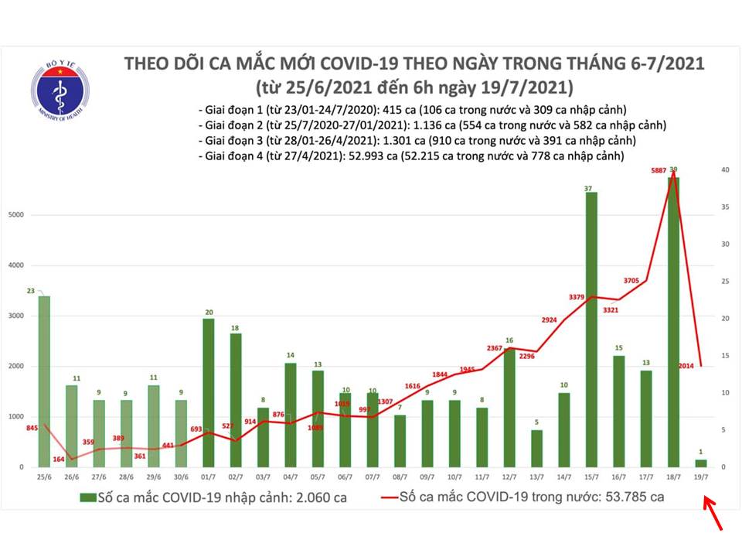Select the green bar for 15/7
pyautogui.click(x=591, y=329)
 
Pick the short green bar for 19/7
pyautogui.click(x=702, y=463)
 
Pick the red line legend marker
pyautogui.click(x=392, y=497)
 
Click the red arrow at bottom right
pyautogui.click(x=714, y=514)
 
